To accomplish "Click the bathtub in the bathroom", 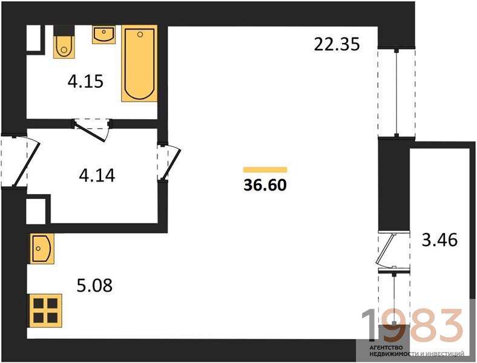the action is pyautogui.click(x=139, y=64).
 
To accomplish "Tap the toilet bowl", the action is pyautogui.click(x=64, y=46).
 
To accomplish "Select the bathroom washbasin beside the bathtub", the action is pyautogui.click(x=104, y=34).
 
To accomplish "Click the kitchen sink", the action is pyautogui.click(x=42, y=249).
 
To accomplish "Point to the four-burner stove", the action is pyautogui.click(x=45, y=310).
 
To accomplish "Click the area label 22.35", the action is pyautogui.click(x=337, y=44).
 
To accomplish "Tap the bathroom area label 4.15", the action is pyautogui.click(x=85, y=82).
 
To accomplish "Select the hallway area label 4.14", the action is pyautogui.click(x=97, y=175).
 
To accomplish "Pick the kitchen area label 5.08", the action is pyautogui.click(x=94, y=286).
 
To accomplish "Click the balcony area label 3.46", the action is pyautogui.click(x=439, y=240).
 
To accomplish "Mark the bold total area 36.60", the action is pyautogui.click(x=265, y=185).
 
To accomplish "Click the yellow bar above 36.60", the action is pyautogui.click(x=265, y=169).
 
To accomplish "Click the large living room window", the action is pyautogui.click(x=396, y=93).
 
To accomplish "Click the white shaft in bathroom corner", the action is pyautogui.click(x=33, y=38).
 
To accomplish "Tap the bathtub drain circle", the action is pyautogui.click(x=140, y=34).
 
